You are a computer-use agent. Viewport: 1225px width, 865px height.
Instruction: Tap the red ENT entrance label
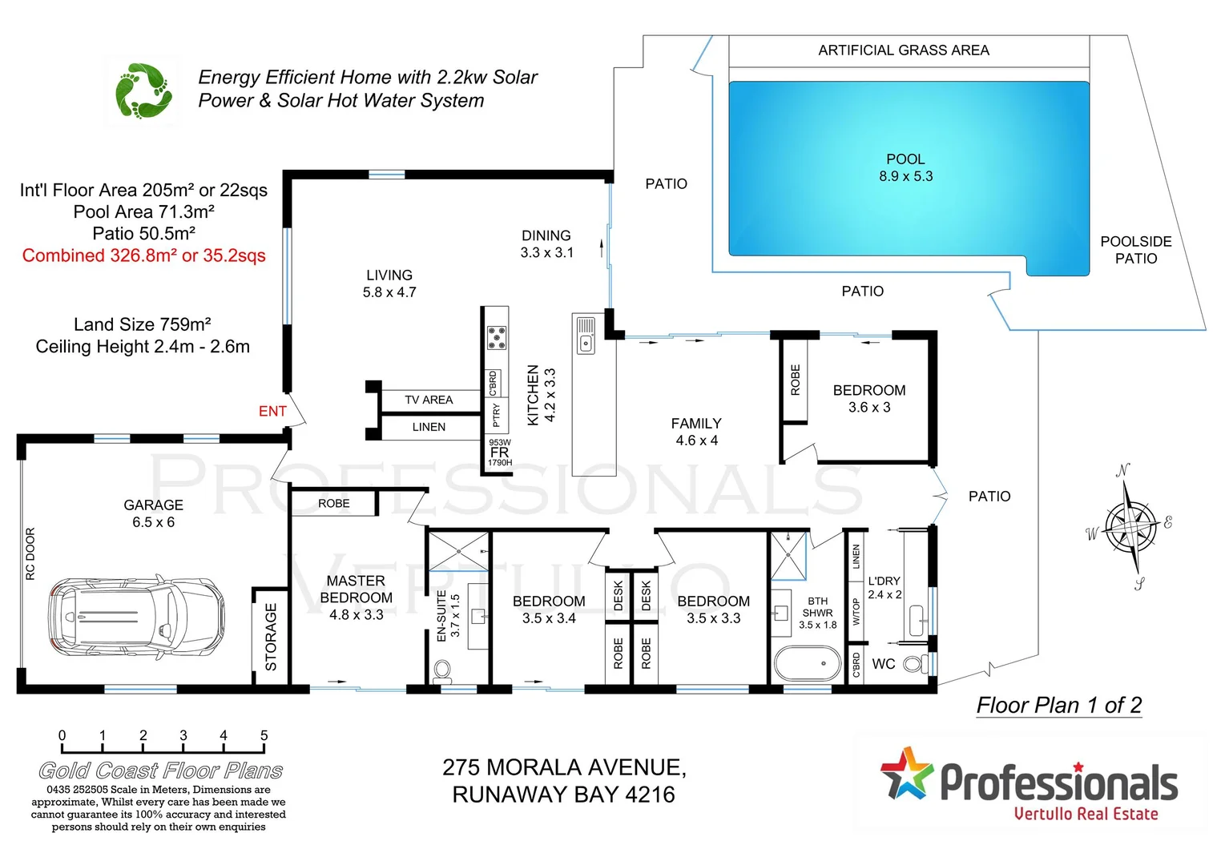[x=272, y=411]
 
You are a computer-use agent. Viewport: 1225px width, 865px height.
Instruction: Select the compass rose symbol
[x=1130, y=527]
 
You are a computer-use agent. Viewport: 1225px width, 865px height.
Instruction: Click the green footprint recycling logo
[x=143, y=91]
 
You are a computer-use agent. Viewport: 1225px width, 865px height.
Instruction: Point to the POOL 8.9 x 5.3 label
[x=905, y=168]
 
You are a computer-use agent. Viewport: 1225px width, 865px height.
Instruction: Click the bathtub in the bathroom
[x=807, y=663]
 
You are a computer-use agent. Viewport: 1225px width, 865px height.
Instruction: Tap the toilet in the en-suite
[x=442, y=670]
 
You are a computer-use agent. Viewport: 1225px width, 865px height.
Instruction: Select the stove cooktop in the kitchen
[x=497, y=337]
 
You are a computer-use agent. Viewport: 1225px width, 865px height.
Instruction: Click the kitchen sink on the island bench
[x=586, y=344]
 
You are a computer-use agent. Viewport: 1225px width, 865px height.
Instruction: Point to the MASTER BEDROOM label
[x=356, y=597]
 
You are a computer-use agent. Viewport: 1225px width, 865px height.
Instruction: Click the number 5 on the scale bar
[x=264, y=735]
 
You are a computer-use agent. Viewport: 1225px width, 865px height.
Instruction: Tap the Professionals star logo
[x=907, y=774]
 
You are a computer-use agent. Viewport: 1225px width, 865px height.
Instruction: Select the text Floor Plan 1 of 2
[x=1058, y=705]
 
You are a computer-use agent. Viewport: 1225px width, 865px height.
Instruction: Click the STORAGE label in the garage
[x=271, y=637]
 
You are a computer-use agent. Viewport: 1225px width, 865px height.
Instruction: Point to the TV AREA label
[x=429, y=400]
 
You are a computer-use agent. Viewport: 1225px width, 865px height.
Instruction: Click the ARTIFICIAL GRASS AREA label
[x=903, y=50]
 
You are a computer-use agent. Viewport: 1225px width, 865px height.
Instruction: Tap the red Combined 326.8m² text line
[x=144, y=255]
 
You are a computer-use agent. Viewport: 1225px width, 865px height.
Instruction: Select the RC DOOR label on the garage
[x=30, y=553]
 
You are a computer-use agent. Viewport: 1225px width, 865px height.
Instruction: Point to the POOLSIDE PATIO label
[x=1135, y=250]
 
